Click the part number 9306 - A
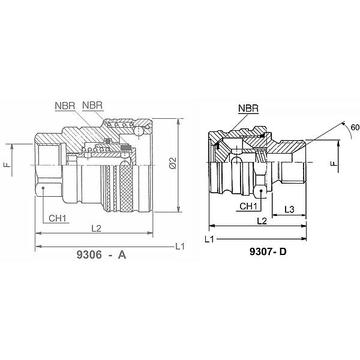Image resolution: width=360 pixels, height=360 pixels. pyautogui.click(x=101, y=254)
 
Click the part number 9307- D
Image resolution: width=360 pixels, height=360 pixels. pyautogui.click(x=268, y=252)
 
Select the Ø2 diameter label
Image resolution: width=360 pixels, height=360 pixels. pyautogui.click(x=173, y=163)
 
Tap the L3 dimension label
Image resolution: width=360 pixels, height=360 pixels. pyautogui.click(x=289, y=209)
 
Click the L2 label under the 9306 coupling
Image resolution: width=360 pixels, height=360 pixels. pyautogui.click(x=96, y=229)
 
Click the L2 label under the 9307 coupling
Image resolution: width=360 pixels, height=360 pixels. pyautogui.click(x=262, y=221)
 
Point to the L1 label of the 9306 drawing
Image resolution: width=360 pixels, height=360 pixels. pyautogui.click(x=180, y=247)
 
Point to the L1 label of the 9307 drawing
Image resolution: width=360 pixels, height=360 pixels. pyautogui.click(x=209, y=239)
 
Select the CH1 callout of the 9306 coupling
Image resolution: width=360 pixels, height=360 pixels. pyautogui.click(x=58, y=218)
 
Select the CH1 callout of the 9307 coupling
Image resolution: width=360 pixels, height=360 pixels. pyautogui.click(x=248, y=206)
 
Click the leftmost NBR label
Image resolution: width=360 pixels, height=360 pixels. pyautogui.click(x=65, y=106)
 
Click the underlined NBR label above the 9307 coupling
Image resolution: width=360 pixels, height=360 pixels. pyautogui.click(x=248, y=109)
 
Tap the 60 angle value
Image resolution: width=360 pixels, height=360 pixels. pyautogui.click(x=355, y=127)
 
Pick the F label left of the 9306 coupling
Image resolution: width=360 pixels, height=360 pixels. pyautogui.click(x=8, y=164)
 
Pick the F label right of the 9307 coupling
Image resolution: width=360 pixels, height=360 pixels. pyautogui.click(x=334, y=163)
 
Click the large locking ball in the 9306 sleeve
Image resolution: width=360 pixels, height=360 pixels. pyautogui.click(x=139, y=131)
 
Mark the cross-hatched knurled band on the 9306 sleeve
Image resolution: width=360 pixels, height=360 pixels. pyautogui.click(x=127, y=188)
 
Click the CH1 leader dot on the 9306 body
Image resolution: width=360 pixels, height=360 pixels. pyautogui.click(x=43, y=188)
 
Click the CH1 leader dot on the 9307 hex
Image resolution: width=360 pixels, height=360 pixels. pyautogui.click(x=261, y=191)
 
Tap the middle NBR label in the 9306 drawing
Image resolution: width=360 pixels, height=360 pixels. pyautogui.click(x=92, y=106)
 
